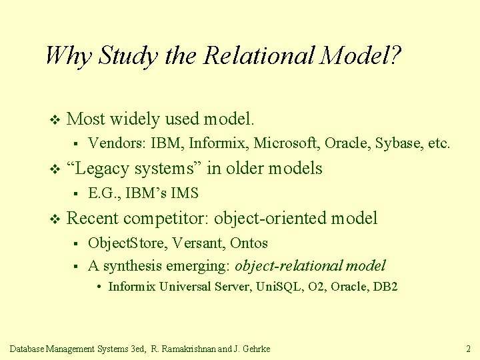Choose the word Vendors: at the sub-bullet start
point(118,143)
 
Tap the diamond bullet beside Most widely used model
point(55,120)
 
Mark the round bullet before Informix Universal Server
point(98,287)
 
